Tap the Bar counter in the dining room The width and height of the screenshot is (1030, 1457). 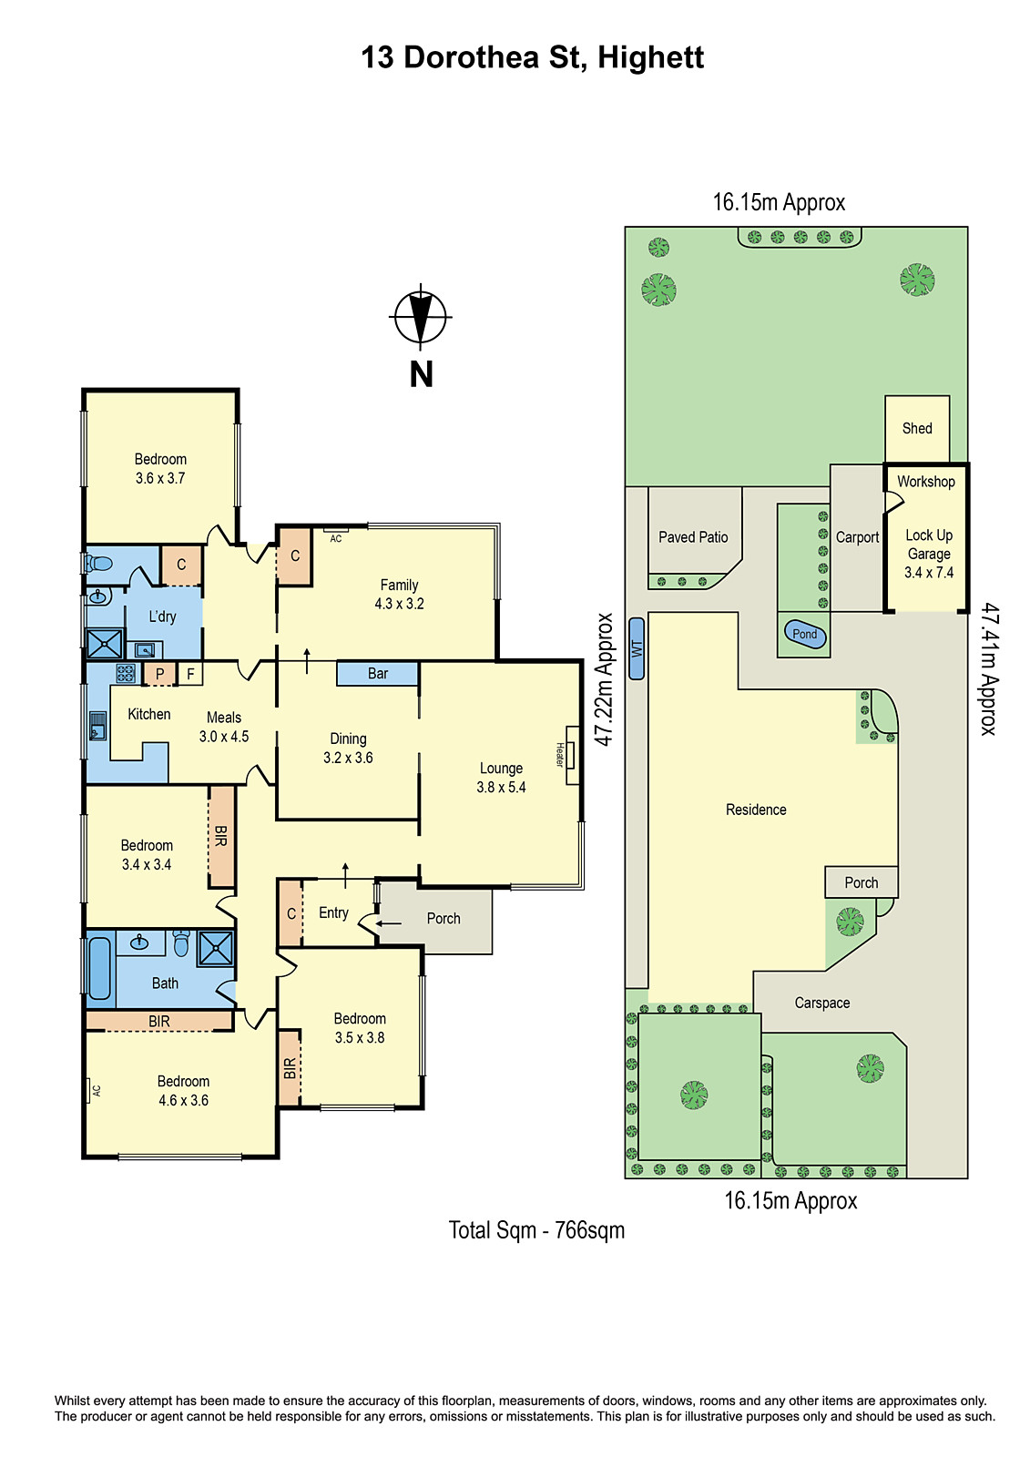coord(377,674)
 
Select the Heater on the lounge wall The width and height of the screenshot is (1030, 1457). coord(572,754)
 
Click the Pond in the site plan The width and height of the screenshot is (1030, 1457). coord(805,634)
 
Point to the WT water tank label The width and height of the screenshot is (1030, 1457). coord(637,648)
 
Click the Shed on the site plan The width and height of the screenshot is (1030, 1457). coord(917,428)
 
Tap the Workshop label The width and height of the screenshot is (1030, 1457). coord(925,482)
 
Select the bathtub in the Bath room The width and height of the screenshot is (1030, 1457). coord(99,967)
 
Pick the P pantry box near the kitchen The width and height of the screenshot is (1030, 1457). coord(159,674)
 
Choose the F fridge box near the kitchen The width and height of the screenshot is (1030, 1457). coord(190,674)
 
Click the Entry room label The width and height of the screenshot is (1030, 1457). coord(333,912)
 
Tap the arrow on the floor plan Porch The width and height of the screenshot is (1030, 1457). coord(389,923)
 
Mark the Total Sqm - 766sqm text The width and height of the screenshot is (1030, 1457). coord(536,1230)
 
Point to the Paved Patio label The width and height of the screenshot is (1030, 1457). coord(693,537)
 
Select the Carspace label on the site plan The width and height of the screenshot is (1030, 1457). coord(821,1003)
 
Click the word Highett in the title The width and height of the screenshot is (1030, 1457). coord(650,57)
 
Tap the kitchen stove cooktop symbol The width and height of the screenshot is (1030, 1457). coord(126,674)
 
